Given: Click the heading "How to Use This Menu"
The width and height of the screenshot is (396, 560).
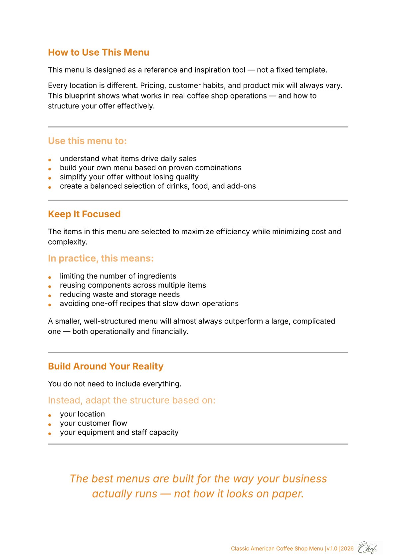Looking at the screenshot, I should coord(99,53).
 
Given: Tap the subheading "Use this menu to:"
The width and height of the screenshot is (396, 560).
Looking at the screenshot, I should coord(87,141).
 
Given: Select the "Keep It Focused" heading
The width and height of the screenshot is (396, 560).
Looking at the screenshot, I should coord(84,214).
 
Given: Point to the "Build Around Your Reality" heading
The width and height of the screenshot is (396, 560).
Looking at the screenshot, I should coord(105,366).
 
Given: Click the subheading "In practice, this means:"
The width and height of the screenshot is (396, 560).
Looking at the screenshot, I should coord(101,259).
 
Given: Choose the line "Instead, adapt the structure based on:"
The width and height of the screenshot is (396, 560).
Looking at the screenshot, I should coord(131,400).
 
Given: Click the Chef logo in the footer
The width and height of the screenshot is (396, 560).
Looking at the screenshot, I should coord(367,548).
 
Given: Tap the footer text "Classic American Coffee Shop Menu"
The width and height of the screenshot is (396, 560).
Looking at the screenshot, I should coord(277,549).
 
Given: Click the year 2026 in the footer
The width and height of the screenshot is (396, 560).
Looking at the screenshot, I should coord(347,549).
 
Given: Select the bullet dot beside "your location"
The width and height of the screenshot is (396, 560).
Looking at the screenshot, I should coord(50,415).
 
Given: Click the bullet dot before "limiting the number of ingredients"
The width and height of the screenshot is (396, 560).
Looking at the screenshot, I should coord(50,277).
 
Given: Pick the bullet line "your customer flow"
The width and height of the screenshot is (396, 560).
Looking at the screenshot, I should coord(93,423).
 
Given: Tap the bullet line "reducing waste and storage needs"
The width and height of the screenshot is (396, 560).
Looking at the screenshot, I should coord(119,294).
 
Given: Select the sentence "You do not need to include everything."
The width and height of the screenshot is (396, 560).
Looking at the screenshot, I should coord(114,384).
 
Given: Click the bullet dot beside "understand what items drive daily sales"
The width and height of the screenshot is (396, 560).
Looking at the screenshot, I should coord(50,160).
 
